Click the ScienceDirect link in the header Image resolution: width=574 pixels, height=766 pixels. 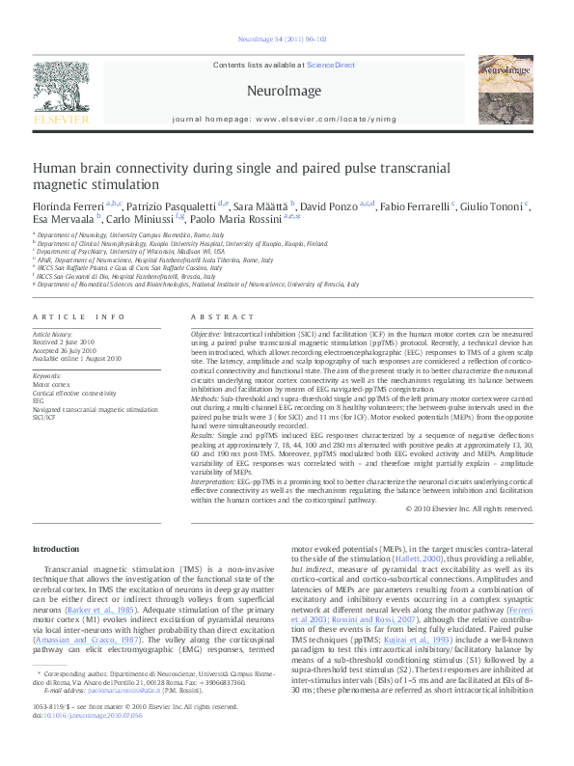330,66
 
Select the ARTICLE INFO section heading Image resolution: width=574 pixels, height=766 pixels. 79,316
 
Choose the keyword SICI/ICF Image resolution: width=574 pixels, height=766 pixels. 45,418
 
